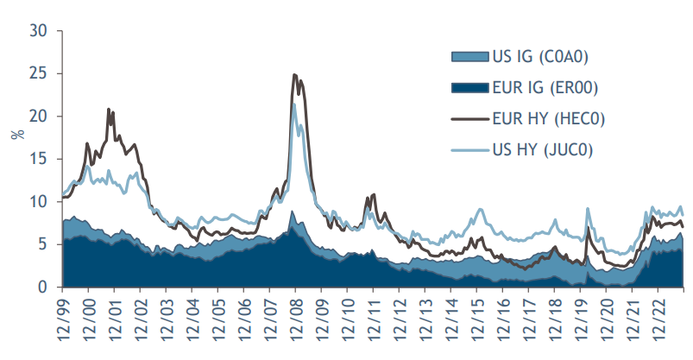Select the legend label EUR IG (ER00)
pyautogui.click(x=542, y=87)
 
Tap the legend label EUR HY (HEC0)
pyautogui.click(x=544, y=118)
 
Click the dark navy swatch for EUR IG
pyautogui.click(x=467, y=87)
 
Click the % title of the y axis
pyautogui.click(x=16, y=135)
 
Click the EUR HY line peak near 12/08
pyautogui.click(x=295, y=75)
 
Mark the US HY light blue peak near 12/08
pyautogui.click(x=294, y=104)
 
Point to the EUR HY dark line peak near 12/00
pyautogui.click(x=109, y=109)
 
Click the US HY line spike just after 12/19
pyautogui.click(x=588, y=209)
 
